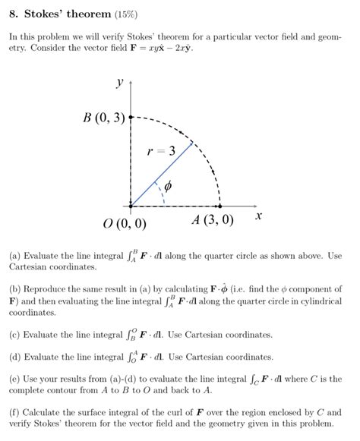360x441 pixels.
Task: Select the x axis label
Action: pos(258,216)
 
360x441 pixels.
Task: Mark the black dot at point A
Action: pos(219,205)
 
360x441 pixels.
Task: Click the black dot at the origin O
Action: pos(131,205)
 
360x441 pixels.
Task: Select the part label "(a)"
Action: pos(16,256)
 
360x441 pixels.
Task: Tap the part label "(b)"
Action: pos(16,289)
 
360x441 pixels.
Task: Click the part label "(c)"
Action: pos(16,334)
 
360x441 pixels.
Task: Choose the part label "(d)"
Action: pos(16,356)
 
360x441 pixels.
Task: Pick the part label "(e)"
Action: pos(16,378)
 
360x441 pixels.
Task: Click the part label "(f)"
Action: pos(16,411)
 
